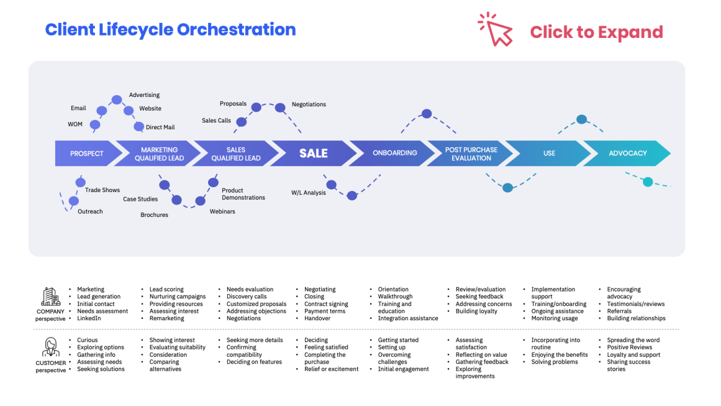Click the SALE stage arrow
coord(313,154)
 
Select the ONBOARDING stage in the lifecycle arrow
coord(394,153)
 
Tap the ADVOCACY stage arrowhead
coord(628,154)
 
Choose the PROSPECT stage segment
coord(86,154)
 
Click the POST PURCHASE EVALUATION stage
coord(471,154)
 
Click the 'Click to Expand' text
coord(596,32)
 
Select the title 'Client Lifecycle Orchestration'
coord(170,29)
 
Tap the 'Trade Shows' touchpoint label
coord(102,190)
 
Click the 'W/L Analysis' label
coord(309,193)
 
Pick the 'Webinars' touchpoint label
coord(222,211)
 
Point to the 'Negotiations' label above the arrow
coord(309,104)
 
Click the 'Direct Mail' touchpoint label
coord(160,127)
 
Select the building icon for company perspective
coord(50,297)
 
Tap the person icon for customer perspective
coord(50,348)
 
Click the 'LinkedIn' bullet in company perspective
coord(89,318)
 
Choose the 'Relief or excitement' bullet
coord(331,369)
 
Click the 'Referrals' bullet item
coord(619,311)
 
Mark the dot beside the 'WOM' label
coord(95,125)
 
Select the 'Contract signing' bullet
coord(326,304)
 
